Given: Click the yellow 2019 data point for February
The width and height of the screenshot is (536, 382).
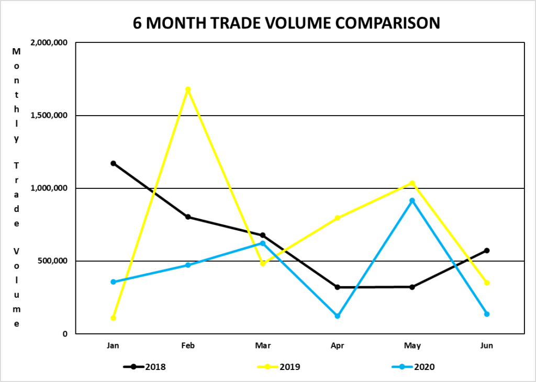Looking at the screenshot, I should click(188, 89).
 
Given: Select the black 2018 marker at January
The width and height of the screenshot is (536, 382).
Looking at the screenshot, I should click(113, 163).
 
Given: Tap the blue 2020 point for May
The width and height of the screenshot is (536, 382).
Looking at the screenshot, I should click(412, 200).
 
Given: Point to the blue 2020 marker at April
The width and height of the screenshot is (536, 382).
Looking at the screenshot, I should click(338, 316).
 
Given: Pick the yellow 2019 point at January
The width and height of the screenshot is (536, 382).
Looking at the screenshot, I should click(113, 318).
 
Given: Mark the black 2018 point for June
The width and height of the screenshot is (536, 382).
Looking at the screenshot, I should click(487, 251).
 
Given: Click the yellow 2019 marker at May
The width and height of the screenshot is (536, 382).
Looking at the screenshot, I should click(412, 183).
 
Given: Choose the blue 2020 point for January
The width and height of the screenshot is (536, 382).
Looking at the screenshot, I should click(113, 282).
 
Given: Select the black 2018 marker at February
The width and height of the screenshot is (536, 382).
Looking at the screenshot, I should click(188, 217).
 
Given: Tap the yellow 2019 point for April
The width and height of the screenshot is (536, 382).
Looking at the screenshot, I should click(338, 218).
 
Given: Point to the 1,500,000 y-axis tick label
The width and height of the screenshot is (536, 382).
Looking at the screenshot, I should click(49, 116).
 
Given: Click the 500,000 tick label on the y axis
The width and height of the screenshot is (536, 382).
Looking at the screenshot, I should click(52, 261).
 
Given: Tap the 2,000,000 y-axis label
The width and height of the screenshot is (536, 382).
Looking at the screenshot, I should click(49, 43).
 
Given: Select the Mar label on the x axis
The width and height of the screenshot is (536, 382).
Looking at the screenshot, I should click(263, 346).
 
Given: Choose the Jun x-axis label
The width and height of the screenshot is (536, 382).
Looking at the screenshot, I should click(487, 346).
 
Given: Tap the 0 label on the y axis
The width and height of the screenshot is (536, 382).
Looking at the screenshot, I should click(64, 334).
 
